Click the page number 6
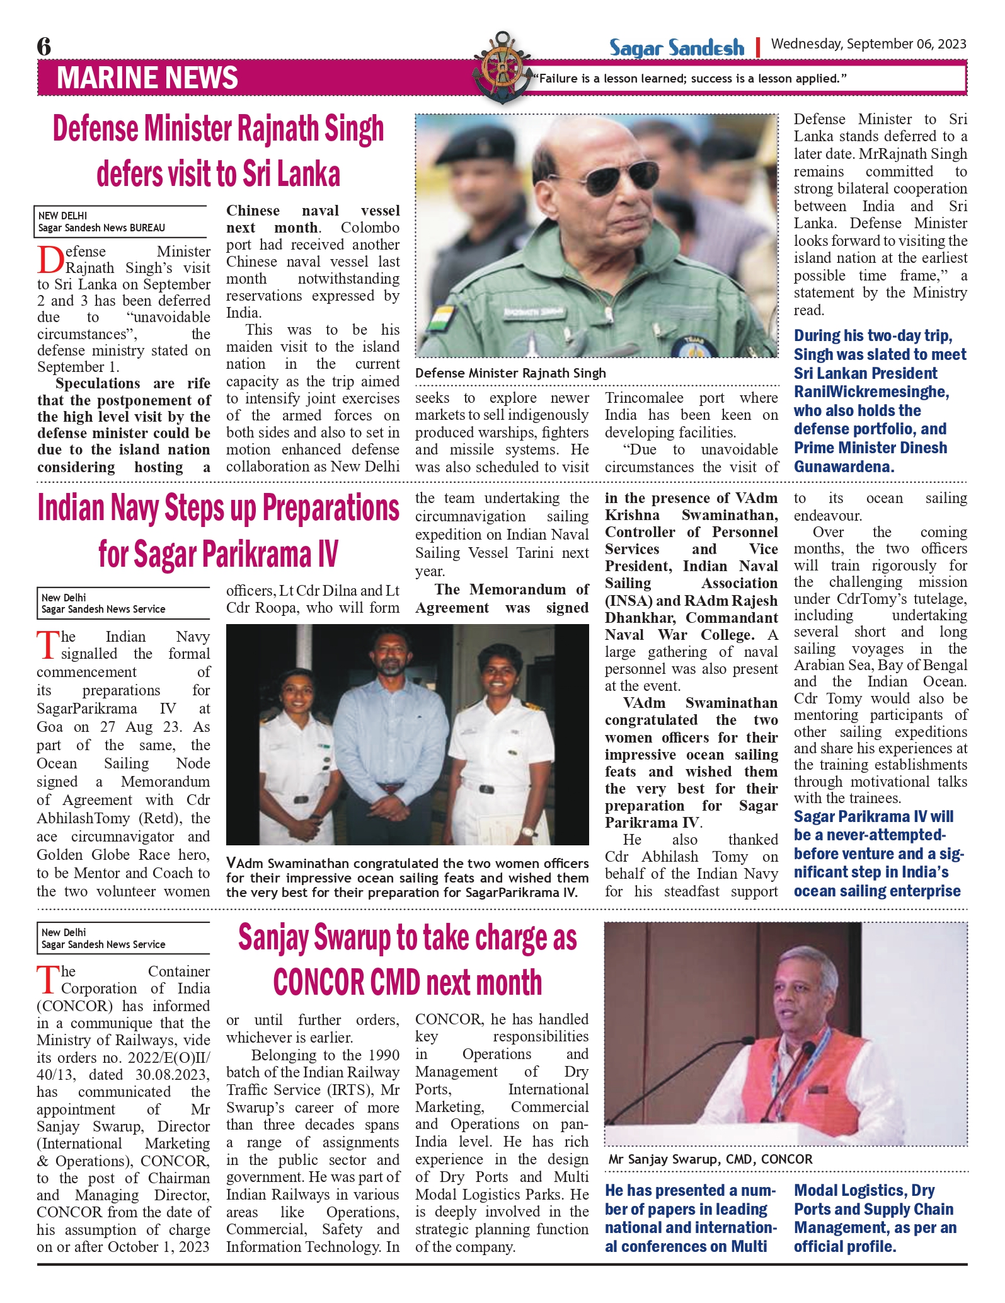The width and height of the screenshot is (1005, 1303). tap(44, 47)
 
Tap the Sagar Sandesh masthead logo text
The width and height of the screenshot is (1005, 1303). tap(676, 48)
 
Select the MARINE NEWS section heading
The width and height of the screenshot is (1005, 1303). tap(147, 78)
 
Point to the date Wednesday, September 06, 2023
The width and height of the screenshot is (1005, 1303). tap(868, 44)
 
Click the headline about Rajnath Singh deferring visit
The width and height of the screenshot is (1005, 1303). tap(218, 151)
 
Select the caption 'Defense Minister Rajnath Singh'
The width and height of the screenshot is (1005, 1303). tap(510, 373)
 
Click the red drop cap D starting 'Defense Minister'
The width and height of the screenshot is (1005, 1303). tap(50, 260)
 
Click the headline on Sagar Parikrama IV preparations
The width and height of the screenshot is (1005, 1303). tap(218, 531)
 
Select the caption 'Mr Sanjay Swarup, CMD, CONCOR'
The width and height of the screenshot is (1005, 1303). tap(710, 1159)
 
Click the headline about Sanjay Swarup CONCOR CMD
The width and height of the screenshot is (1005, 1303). tap(407, 959)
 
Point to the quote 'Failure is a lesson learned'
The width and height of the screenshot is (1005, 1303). tap(689, 79)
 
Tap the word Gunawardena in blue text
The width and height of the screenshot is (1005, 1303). tap(844, 466)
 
